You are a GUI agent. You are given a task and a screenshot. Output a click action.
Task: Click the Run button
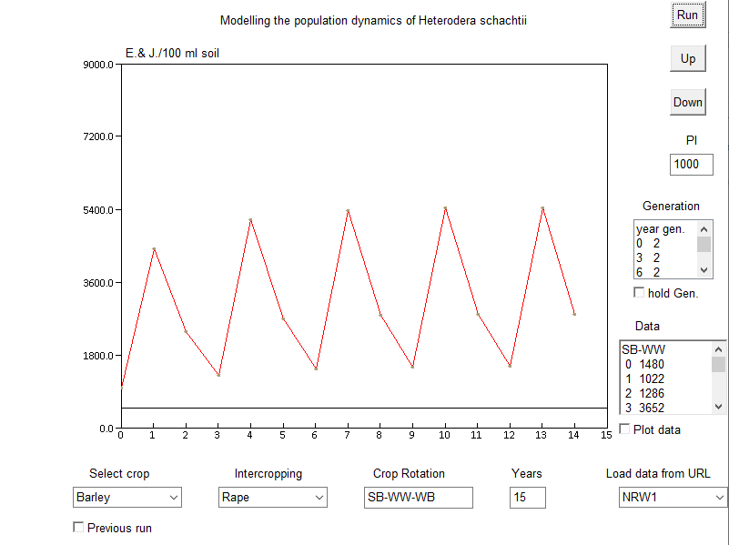click(687, 15)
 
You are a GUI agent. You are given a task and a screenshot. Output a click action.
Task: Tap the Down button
click(687, 102)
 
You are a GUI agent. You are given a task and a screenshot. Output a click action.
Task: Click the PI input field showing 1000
click(691, 165)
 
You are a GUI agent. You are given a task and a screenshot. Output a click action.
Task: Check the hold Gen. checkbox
click(639, 292)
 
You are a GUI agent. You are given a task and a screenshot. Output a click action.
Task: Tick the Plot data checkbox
click(624, 429)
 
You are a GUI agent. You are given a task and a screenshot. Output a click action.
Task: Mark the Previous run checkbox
click(78, 527)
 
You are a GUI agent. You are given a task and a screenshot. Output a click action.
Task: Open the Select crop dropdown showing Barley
click(127, 498)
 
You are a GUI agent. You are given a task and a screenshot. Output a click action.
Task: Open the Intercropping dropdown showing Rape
click(273, 498)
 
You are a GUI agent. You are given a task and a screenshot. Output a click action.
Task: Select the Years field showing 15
click(527, 498)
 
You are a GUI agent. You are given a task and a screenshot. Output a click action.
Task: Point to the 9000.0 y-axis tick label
click(98, 65)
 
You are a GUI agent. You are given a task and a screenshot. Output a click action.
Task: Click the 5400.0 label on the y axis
click(98, 210)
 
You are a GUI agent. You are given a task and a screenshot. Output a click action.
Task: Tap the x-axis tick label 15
click(606, 435)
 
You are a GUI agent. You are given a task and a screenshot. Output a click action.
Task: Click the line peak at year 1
click(154, 249)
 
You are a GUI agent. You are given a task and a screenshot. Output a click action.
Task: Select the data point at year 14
click(574, 313)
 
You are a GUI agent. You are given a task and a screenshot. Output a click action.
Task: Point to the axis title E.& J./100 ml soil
click(172, 53)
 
